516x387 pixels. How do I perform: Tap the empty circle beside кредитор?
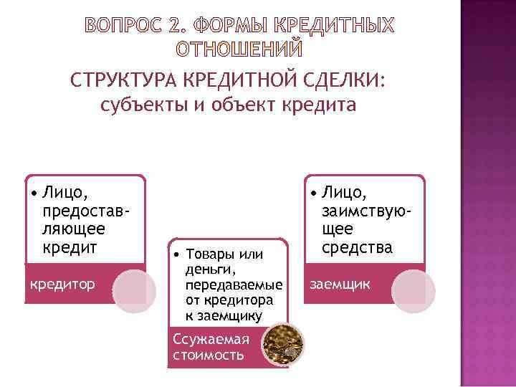click(134, 292)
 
